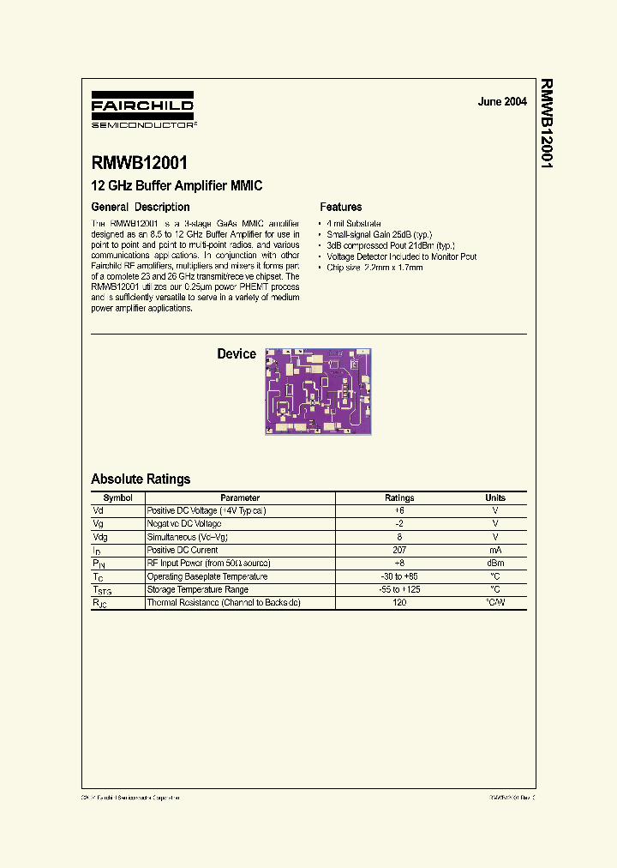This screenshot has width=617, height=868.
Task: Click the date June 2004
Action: tap(502, 101)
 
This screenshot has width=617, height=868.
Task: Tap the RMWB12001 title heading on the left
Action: tap(139, 163)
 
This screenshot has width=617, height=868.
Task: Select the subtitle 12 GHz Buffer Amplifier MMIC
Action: tap(177, 185)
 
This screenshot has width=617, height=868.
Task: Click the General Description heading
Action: tap(141, 207)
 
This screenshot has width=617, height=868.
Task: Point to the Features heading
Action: tap(341, 207)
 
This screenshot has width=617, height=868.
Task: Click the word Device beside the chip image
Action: tap(237, 354)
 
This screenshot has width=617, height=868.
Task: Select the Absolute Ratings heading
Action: tap(141, 479)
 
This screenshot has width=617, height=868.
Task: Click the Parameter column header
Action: tap(240, 498)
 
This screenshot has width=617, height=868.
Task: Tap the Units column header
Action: tap(495, 498)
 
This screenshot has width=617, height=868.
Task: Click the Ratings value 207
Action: tap(399, 550)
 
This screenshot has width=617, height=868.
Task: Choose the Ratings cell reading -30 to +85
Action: tap(399, 576)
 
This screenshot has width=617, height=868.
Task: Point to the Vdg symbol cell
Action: tap(99, 537)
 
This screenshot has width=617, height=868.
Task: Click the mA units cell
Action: tap(495, 550)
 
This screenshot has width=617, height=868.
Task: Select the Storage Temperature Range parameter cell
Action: tap(198, 590)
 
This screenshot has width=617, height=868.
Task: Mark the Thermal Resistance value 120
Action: tap(399, 603)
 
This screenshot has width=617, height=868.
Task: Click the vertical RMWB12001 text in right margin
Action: tap(545, 124)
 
